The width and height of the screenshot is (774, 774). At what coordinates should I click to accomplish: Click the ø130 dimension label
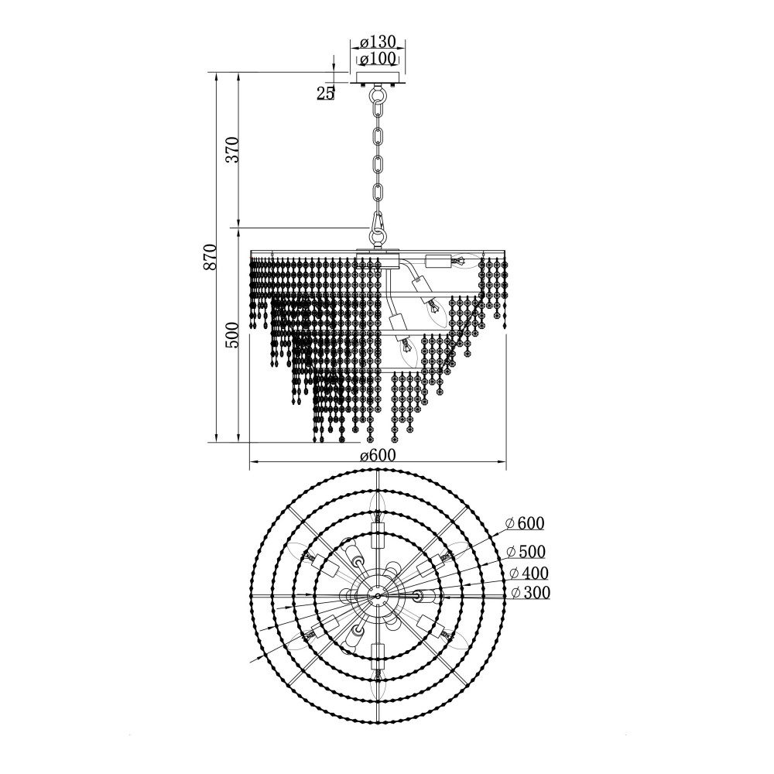click(x=378, y=42)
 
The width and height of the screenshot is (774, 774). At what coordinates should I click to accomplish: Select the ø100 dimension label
click(x=378, y=59)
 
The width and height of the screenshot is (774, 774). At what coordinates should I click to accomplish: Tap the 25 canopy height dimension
click(x=325, y=93)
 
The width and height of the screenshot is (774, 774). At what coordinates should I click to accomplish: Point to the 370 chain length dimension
click(x=232, y=149)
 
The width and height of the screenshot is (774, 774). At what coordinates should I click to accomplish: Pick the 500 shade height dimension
click(x=232, y=334)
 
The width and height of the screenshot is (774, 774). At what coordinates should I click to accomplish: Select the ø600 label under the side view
click(x=378, y=455)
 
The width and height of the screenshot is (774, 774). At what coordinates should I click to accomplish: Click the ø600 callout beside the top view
click(x=526, y=522)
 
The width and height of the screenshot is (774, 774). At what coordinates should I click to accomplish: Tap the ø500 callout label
click(x=526, y=551)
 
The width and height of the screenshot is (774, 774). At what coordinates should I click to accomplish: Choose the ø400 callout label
click(x=529, y=573)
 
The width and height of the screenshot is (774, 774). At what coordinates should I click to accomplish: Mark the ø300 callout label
click(x=530, y=592)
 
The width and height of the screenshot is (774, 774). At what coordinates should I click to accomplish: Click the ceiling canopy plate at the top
click(x=378, y=79)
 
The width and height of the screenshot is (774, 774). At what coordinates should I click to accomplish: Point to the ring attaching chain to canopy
click(x=378, y=94)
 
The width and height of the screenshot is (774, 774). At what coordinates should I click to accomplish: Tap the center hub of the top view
click(x=378, y=596)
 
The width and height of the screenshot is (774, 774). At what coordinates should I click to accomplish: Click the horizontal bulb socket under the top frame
click(x=439, y=261)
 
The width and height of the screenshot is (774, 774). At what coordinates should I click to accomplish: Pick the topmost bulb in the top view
click(x=377, y=509)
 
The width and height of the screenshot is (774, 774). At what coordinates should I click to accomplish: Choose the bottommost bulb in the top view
click(x=377, y=682)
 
